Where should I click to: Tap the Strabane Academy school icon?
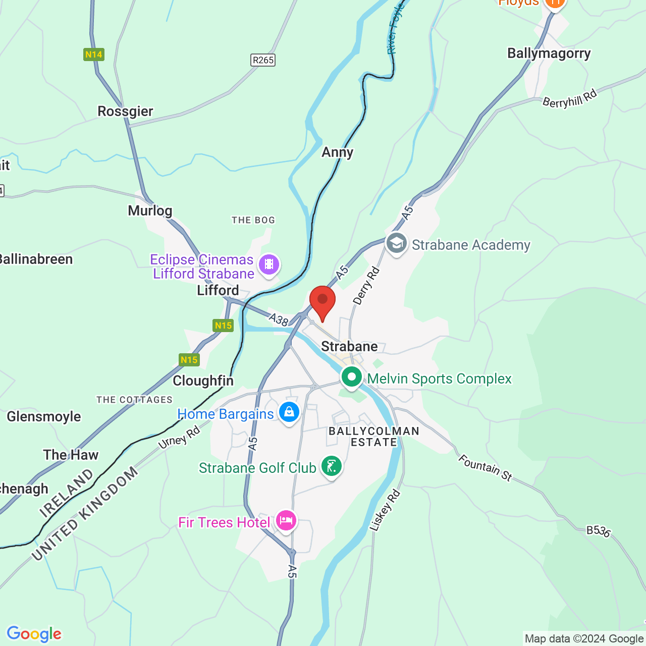(397, 243)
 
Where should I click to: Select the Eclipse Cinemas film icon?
(269, 264)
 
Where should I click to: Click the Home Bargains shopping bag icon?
(289, 412)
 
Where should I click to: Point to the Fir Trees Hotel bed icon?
(286, 520)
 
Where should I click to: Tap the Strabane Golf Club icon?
(331, 466)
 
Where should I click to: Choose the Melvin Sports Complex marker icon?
(351, 377)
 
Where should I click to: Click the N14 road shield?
(94, 55)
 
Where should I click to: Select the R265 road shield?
(263, 60)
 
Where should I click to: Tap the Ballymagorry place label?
(549, 53)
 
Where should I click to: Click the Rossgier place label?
(125, 111)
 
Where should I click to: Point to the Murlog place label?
(150, 210)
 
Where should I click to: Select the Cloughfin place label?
(203, 381)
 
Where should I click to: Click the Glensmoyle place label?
(44, 416)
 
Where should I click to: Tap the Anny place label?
(338, 152)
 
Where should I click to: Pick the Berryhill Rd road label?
(569, 99)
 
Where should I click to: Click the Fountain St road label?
(485, 467)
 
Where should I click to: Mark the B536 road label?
(599, 531)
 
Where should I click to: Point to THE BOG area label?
(253, 220)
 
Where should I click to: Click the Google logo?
(34, 634)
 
